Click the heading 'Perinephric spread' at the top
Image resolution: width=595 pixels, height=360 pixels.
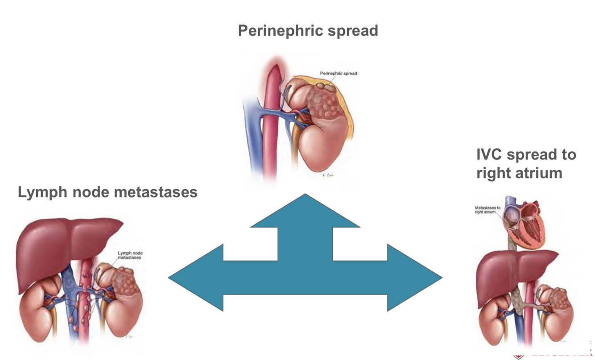click(x=308, y=31)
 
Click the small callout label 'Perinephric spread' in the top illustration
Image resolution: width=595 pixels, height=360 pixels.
click(x=338, y=73)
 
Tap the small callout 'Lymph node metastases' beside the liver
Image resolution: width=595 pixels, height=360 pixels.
click(x=130, y=255)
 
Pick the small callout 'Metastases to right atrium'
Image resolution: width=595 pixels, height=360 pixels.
click(x=488, y=210)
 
